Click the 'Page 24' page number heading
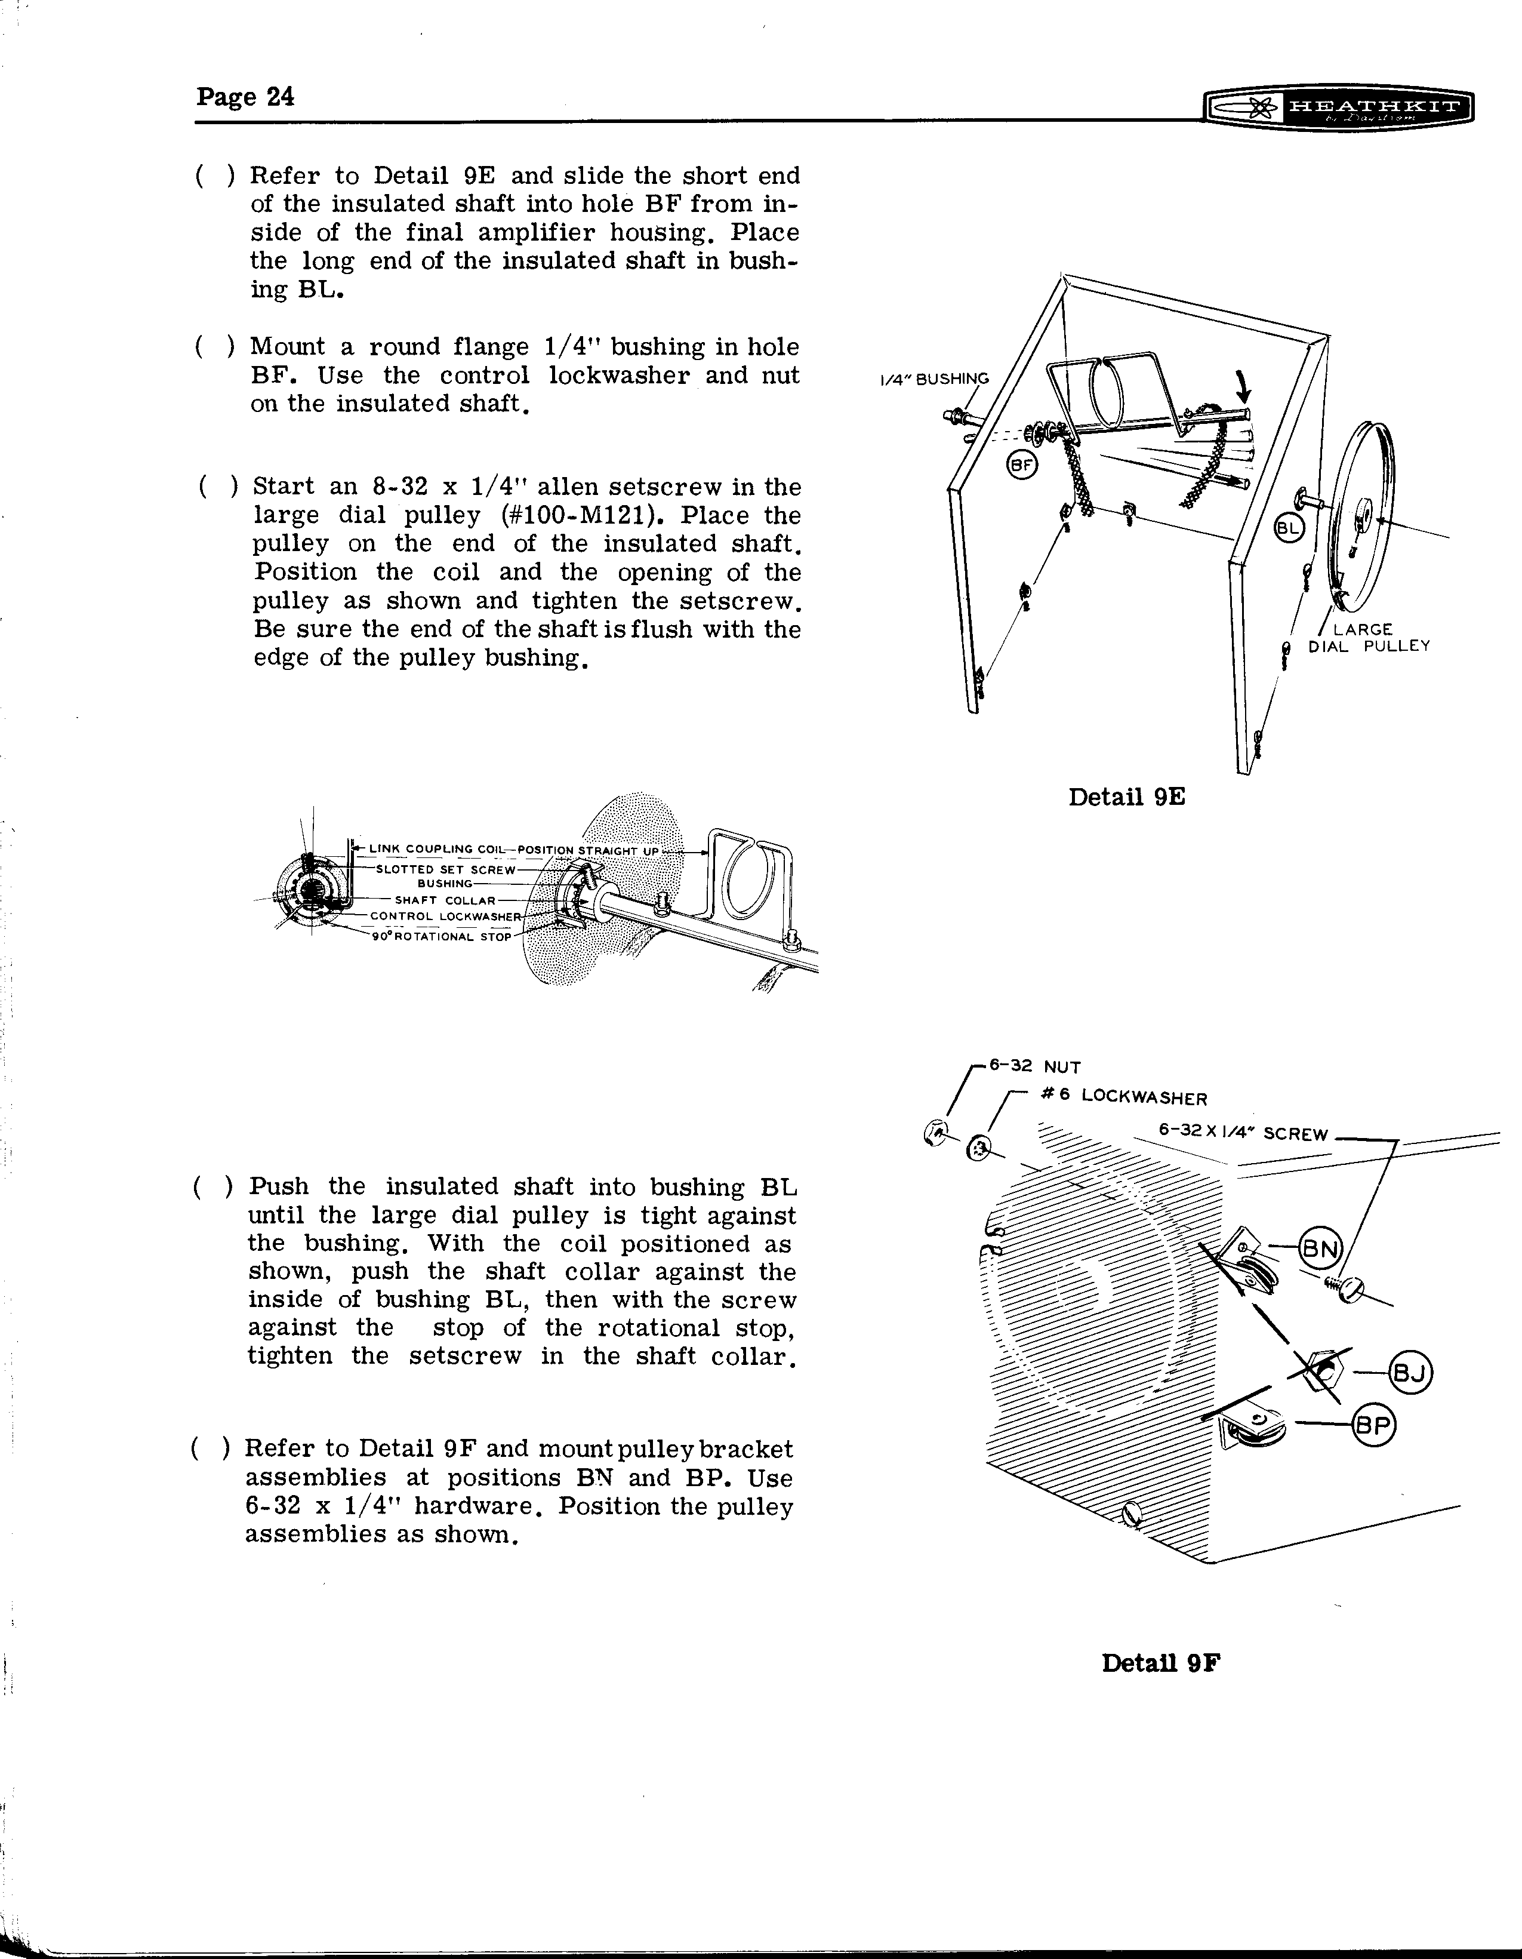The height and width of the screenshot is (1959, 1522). pos(245,97)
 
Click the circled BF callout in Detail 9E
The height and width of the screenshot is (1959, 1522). pos(1021,465)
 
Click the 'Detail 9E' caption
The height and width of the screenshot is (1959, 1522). pos(1126,796)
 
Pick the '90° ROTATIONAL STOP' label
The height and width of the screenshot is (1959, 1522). pos(440,936)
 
